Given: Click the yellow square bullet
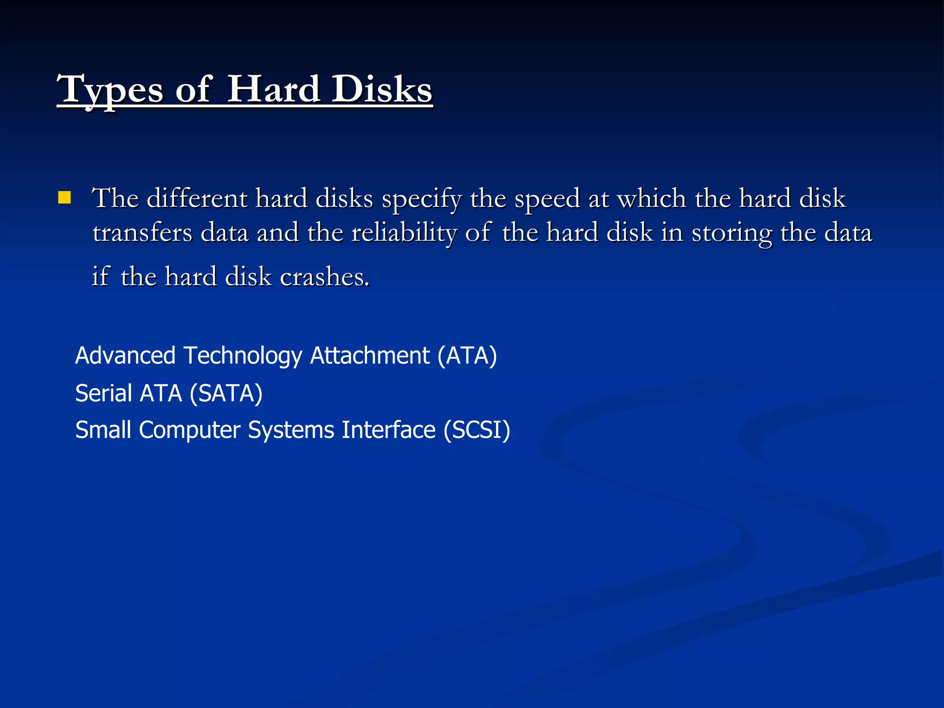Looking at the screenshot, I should (x=65, y=198).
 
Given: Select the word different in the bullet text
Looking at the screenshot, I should (x=197, y=199).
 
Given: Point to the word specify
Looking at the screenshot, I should (x=421, y=200).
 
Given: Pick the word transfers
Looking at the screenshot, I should (x=142, y=232).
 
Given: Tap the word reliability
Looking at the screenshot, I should (x=403, y=232).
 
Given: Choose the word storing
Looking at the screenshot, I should (x=732, y=233).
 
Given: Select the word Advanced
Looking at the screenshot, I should (x=125, y=356).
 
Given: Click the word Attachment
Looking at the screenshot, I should (x=370, y=356).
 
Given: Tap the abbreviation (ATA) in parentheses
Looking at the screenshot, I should (x=467, y=356).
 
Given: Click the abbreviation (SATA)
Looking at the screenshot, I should (x=226, y=393).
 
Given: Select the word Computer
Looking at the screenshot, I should (x=189, y=430).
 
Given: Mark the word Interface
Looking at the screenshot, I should (x=389, y=430).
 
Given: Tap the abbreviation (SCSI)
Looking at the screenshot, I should (x=477, y=430).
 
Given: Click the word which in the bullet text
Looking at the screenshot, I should (x=651, y=199).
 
